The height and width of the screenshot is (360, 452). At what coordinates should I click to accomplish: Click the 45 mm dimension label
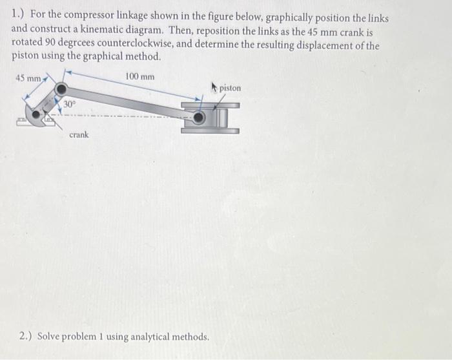(28, 79)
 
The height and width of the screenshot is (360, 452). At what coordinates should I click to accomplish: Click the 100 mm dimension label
(139, 76)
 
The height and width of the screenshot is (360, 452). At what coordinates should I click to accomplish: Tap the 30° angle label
(70, 104)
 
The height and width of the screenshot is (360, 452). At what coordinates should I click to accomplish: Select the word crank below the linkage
(79, 135)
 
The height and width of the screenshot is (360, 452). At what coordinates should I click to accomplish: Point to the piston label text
(230, 88)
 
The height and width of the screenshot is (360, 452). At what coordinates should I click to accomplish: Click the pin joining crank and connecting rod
(61, 89)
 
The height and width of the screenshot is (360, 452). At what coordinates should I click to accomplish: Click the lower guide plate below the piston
(210, 131)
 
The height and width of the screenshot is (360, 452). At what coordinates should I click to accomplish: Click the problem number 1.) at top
(19, 17)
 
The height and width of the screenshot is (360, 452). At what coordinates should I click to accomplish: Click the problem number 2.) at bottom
(26, 337)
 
